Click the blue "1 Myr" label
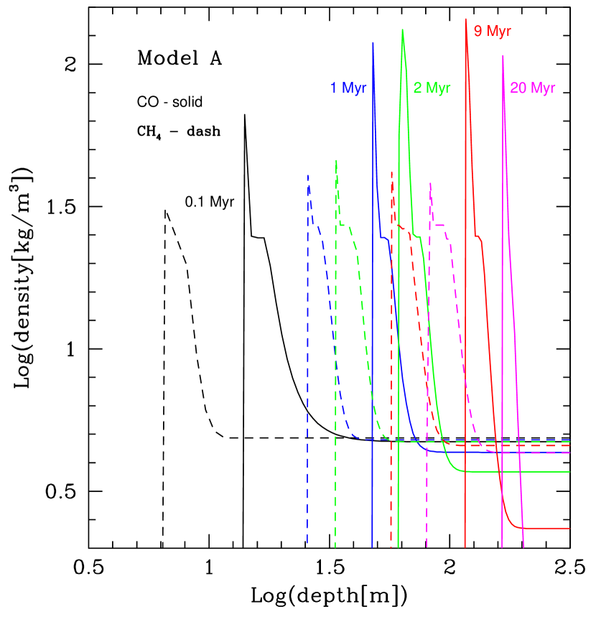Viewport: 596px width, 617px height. point(349,88)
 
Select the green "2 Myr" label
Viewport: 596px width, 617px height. point(432,88)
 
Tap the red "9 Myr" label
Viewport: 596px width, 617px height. point(493,32)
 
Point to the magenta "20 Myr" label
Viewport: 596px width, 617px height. point(533,88)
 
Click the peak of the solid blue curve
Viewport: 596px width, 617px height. point(373,42)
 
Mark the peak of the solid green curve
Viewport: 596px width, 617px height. point(402,29)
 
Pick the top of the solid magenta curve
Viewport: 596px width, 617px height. point(503,55)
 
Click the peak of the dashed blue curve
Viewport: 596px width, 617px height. point(308,175)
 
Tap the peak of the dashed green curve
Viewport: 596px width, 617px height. point(336,160)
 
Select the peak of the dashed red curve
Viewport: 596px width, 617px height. point(391,172)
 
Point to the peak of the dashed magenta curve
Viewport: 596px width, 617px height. point(429,183)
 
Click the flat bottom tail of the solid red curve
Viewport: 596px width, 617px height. point(546,528)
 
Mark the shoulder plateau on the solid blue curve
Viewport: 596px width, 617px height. point(384,237)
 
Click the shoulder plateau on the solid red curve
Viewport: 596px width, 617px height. point(478,236)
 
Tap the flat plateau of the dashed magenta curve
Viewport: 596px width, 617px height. point(439,226)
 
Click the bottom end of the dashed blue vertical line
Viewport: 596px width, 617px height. point(307,544)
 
